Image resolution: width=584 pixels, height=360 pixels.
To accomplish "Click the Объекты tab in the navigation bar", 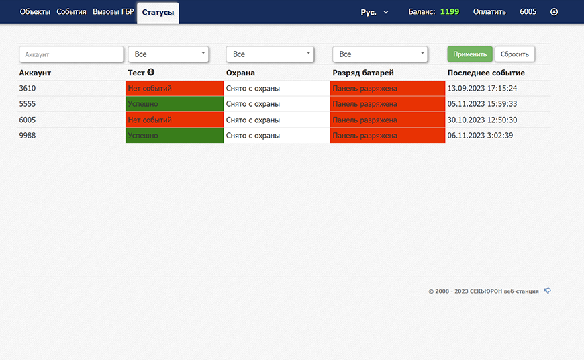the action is [35, 12].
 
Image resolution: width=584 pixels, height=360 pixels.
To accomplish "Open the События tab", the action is [71, 12].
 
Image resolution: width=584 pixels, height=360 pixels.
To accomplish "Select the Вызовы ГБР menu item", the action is [113, 12].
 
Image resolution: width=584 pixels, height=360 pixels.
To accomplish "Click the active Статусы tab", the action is [158, 13].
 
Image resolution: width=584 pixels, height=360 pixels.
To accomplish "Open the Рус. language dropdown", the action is [375, 12].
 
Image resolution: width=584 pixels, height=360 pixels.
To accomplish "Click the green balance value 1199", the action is [450, 12].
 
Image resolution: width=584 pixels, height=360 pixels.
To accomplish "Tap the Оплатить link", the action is [489, 12].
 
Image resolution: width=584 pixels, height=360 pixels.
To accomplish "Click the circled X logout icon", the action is [554, 12].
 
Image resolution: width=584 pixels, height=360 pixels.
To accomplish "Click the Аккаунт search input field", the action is [71, 54].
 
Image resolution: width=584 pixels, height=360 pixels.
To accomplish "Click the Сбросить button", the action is [515, 54].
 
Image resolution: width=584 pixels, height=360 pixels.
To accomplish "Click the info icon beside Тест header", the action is [150, 72].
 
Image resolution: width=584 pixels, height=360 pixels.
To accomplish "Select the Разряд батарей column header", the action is [362, 73].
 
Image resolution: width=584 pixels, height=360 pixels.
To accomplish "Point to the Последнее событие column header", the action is [486, 73].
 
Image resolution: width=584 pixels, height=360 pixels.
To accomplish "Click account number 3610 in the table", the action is [28, 89].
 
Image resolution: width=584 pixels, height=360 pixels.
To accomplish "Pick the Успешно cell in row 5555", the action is [175, 104].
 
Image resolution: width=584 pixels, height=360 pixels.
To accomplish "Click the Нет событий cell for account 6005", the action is [175, 120].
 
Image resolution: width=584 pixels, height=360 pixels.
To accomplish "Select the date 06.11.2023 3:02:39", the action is [480, 136].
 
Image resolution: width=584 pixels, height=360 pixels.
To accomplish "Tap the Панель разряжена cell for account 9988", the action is [387, 135].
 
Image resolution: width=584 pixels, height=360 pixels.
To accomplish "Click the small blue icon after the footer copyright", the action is [548, 291].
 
